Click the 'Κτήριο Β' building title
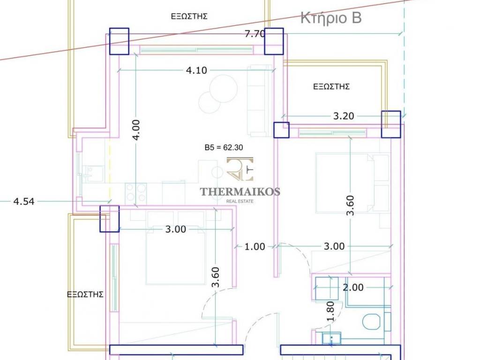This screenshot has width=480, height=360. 331,17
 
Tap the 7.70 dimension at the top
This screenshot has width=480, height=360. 255,34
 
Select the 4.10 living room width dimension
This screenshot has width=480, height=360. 196,70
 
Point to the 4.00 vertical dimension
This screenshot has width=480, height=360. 136,129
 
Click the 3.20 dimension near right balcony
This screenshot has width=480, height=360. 344,116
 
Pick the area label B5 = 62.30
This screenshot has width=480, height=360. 224,148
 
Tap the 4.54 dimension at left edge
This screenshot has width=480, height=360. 24,202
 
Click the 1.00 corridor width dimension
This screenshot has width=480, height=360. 255,247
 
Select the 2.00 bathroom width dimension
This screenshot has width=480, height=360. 353,287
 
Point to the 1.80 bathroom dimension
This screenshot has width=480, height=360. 330,311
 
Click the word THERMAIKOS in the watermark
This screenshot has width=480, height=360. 240,192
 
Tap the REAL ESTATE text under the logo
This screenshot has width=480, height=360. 240,201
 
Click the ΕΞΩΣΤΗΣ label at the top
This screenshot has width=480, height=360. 189,16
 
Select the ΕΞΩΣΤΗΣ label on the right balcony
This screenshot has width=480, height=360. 331,87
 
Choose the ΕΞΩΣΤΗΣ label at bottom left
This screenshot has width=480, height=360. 85,294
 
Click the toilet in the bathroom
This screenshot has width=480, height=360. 372,322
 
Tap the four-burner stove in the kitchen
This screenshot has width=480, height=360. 136,193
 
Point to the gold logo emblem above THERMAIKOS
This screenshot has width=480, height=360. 240,169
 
